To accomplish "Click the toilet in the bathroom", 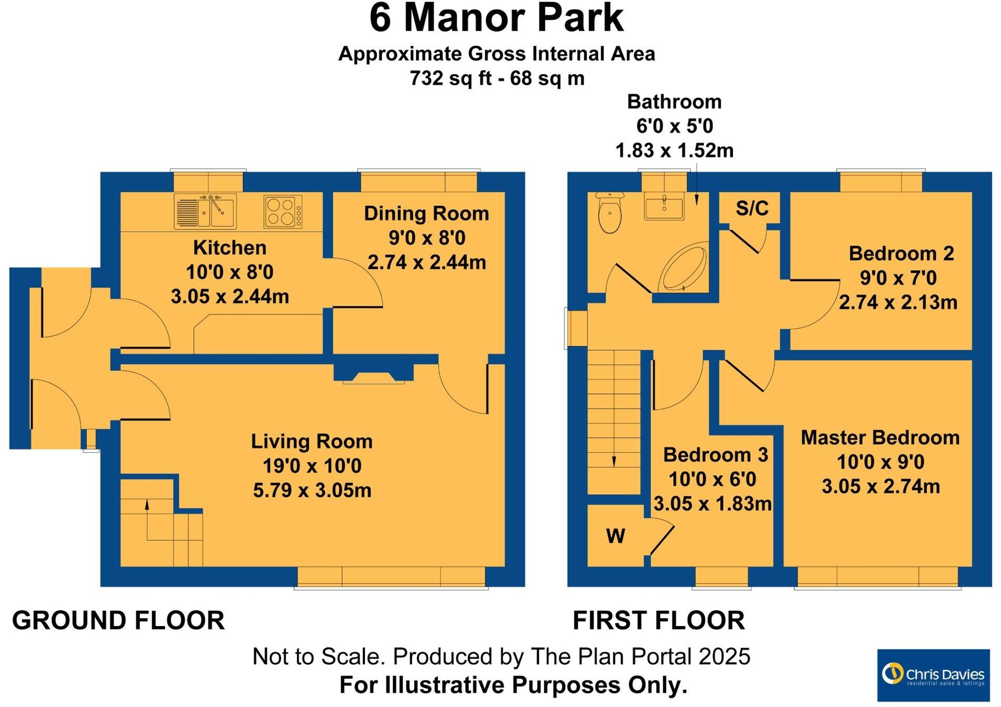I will pyautogui.click(x=610, y=214).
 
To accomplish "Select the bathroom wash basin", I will pyautogui.click(x=664, y=207).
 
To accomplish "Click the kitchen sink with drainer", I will pyautogui.click(x=205, y=211).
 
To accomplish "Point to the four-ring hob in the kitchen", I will pyautogui.click(x=283, y=211).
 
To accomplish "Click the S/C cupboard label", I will pyautogui.click(x=752, y=209).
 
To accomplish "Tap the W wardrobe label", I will pyautogui.click(x=615, y=536).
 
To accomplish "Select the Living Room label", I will pyautogui.click(x=311, y=441).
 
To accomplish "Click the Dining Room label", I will pyautogui.click(x=426, y=214).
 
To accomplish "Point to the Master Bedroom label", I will pyautogui.click(x=880, y=438).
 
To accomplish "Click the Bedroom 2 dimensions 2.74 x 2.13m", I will pyautogui.click(x=897, y=302).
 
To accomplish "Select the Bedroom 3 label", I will pyautogui.click(x=715, y=454).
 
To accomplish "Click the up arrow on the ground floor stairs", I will pyautogui.click(x=147, y=505).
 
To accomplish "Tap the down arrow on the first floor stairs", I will pyautogui.click(x=614, y=461).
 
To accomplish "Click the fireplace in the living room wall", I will pyautogui.click(x=374, y=376).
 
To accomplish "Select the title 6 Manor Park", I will pyautogui.click(x=496, y=19).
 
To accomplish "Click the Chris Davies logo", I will pyautogui.click(x=933, y=675).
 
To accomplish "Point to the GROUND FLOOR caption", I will pyautogui.click(x=118, y=621).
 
